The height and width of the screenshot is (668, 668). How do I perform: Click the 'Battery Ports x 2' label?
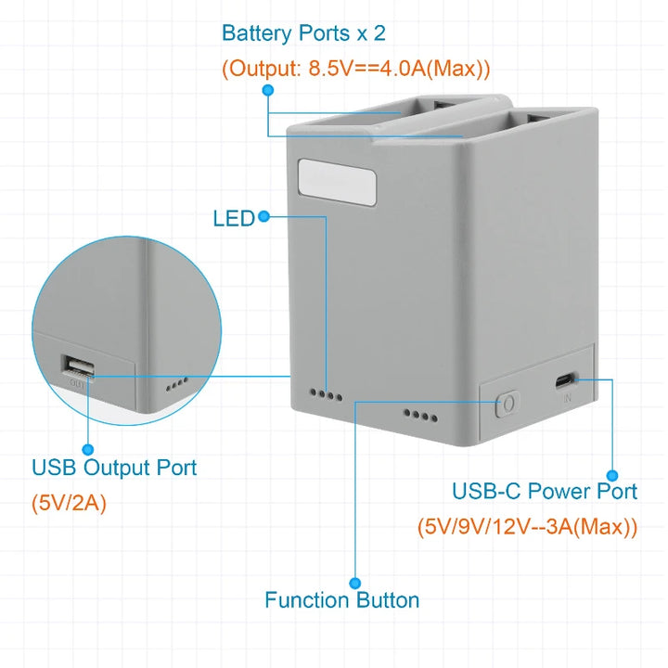coord(303,34)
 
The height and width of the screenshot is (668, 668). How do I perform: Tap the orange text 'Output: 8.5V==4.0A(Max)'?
coord(356,69)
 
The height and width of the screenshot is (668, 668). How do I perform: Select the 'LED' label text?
coord(233,219)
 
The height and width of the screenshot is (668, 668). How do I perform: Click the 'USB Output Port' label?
coord(114,468)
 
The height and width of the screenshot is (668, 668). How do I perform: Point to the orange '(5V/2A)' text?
coord(70,504)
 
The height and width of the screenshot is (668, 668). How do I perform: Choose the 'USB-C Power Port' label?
coord(545,491)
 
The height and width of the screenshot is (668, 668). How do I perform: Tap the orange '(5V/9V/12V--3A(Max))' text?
coord(527,527)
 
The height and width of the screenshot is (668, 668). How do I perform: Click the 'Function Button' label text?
coord(341,600)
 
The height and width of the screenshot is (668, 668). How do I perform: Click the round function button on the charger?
coord(507,404)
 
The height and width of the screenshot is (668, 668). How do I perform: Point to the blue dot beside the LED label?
coord(263,217)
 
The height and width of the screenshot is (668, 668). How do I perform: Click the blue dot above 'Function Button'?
coord(355,582)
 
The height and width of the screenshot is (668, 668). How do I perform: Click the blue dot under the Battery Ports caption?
coord(267,90)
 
